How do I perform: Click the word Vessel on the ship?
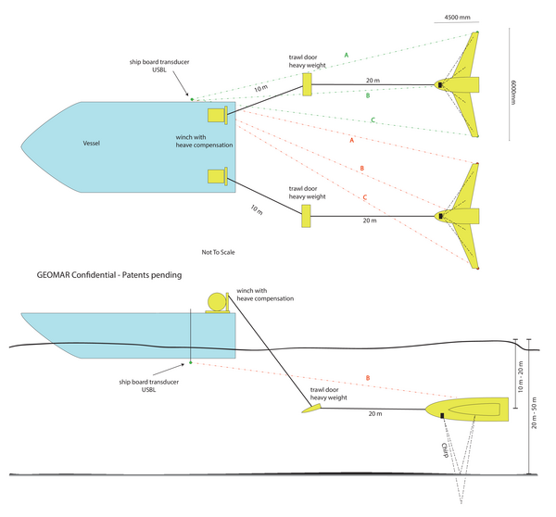coord(91,144)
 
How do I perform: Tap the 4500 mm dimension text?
coord(458,18)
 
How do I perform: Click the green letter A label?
coord(346,56)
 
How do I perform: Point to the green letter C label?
coord(373,120)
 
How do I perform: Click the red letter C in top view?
coord(365,198)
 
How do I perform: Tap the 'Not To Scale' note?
coord(219,251)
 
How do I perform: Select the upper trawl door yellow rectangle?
coord(306,84)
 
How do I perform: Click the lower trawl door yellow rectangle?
coord(306,216)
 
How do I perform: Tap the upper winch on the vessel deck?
coord(219,115)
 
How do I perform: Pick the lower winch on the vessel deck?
coord(219,175)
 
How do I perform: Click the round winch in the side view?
coord(216,302)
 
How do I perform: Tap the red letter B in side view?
coord(368,378)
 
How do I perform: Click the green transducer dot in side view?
coord(190,362)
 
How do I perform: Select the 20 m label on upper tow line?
coord(372,81)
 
